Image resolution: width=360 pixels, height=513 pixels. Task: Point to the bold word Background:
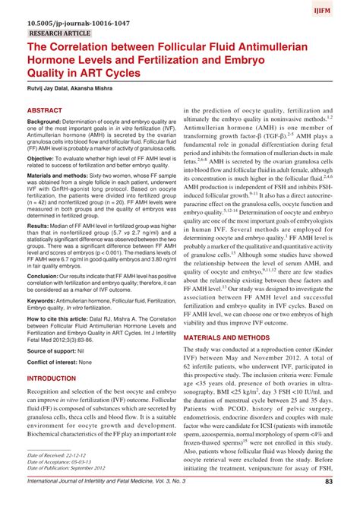pos(49,122)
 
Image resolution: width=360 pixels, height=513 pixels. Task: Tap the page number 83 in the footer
pos(329,502)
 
